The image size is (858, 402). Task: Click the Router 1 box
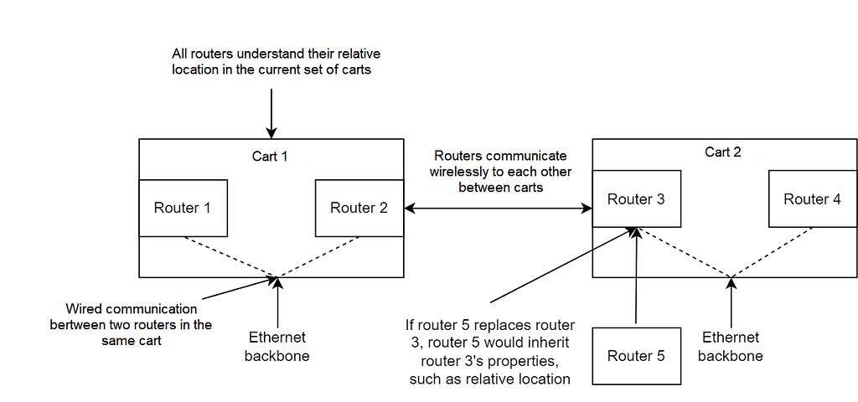pyautogui.click(x=183, y=208)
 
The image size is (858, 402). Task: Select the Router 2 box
pyautogui.click(x=359, y=208)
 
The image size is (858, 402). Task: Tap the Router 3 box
pyautogui.click(x=636, y=199)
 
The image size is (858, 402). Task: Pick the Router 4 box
pyautogui.click(x=812, y=199)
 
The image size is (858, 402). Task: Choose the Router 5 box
pyautogui.click(x=636, y=356)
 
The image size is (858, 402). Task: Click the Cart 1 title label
pyautogui.click(x=271, y=156)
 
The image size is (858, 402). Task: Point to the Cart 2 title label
pyautogui.click(x=724, y=152)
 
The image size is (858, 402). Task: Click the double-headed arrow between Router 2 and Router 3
pyautogui.click(x=498, y=208)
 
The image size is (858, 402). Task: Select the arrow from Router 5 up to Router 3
pyautogui.click(x=637, y=276)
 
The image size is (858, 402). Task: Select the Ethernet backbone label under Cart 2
pyautogui.click(x=731, y=347)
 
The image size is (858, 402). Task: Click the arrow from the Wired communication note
pyautogui.click(x=236, y=287)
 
